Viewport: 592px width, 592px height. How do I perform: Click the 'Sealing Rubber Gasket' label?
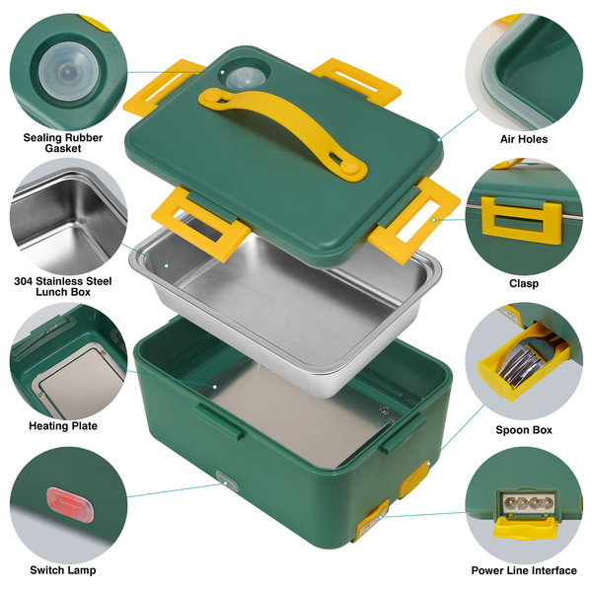coord(63,143)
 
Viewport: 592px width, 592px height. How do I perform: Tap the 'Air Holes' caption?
coord(524,139)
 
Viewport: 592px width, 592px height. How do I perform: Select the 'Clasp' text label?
coord(524,283)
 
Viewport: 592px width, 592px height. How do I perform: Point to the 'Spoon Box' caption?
coord(524,429)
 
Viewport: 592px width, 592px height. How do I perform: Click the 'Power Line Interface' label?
coord(524,570)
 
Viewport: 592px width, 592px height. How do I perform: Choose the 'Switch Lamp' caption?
coord(63,570)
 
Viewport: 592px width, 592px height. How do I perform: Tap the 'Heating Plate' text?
coord(63,426)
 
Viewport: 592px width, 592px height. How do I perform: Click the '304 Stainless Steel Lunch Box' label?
coord(63,286)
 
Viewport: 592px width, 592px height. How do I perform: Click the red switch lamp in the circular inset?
coord(69,505)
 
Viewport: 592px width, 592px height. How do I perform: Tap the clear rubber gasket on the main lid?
coord(246,79)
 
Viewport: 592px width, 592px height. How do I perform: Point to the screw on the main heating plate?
coord(385,410)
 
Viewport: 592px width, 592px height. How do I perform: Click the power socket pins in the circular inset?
coord(528,502)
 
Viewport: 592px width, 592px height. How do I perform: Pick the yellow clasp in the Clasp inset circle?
coord(522,220)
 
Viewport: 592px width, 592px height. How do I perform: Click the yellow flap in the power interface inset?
coord(525,528)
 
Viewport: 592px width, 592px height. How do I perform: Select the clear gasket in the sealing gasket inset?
coord(68,71)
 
